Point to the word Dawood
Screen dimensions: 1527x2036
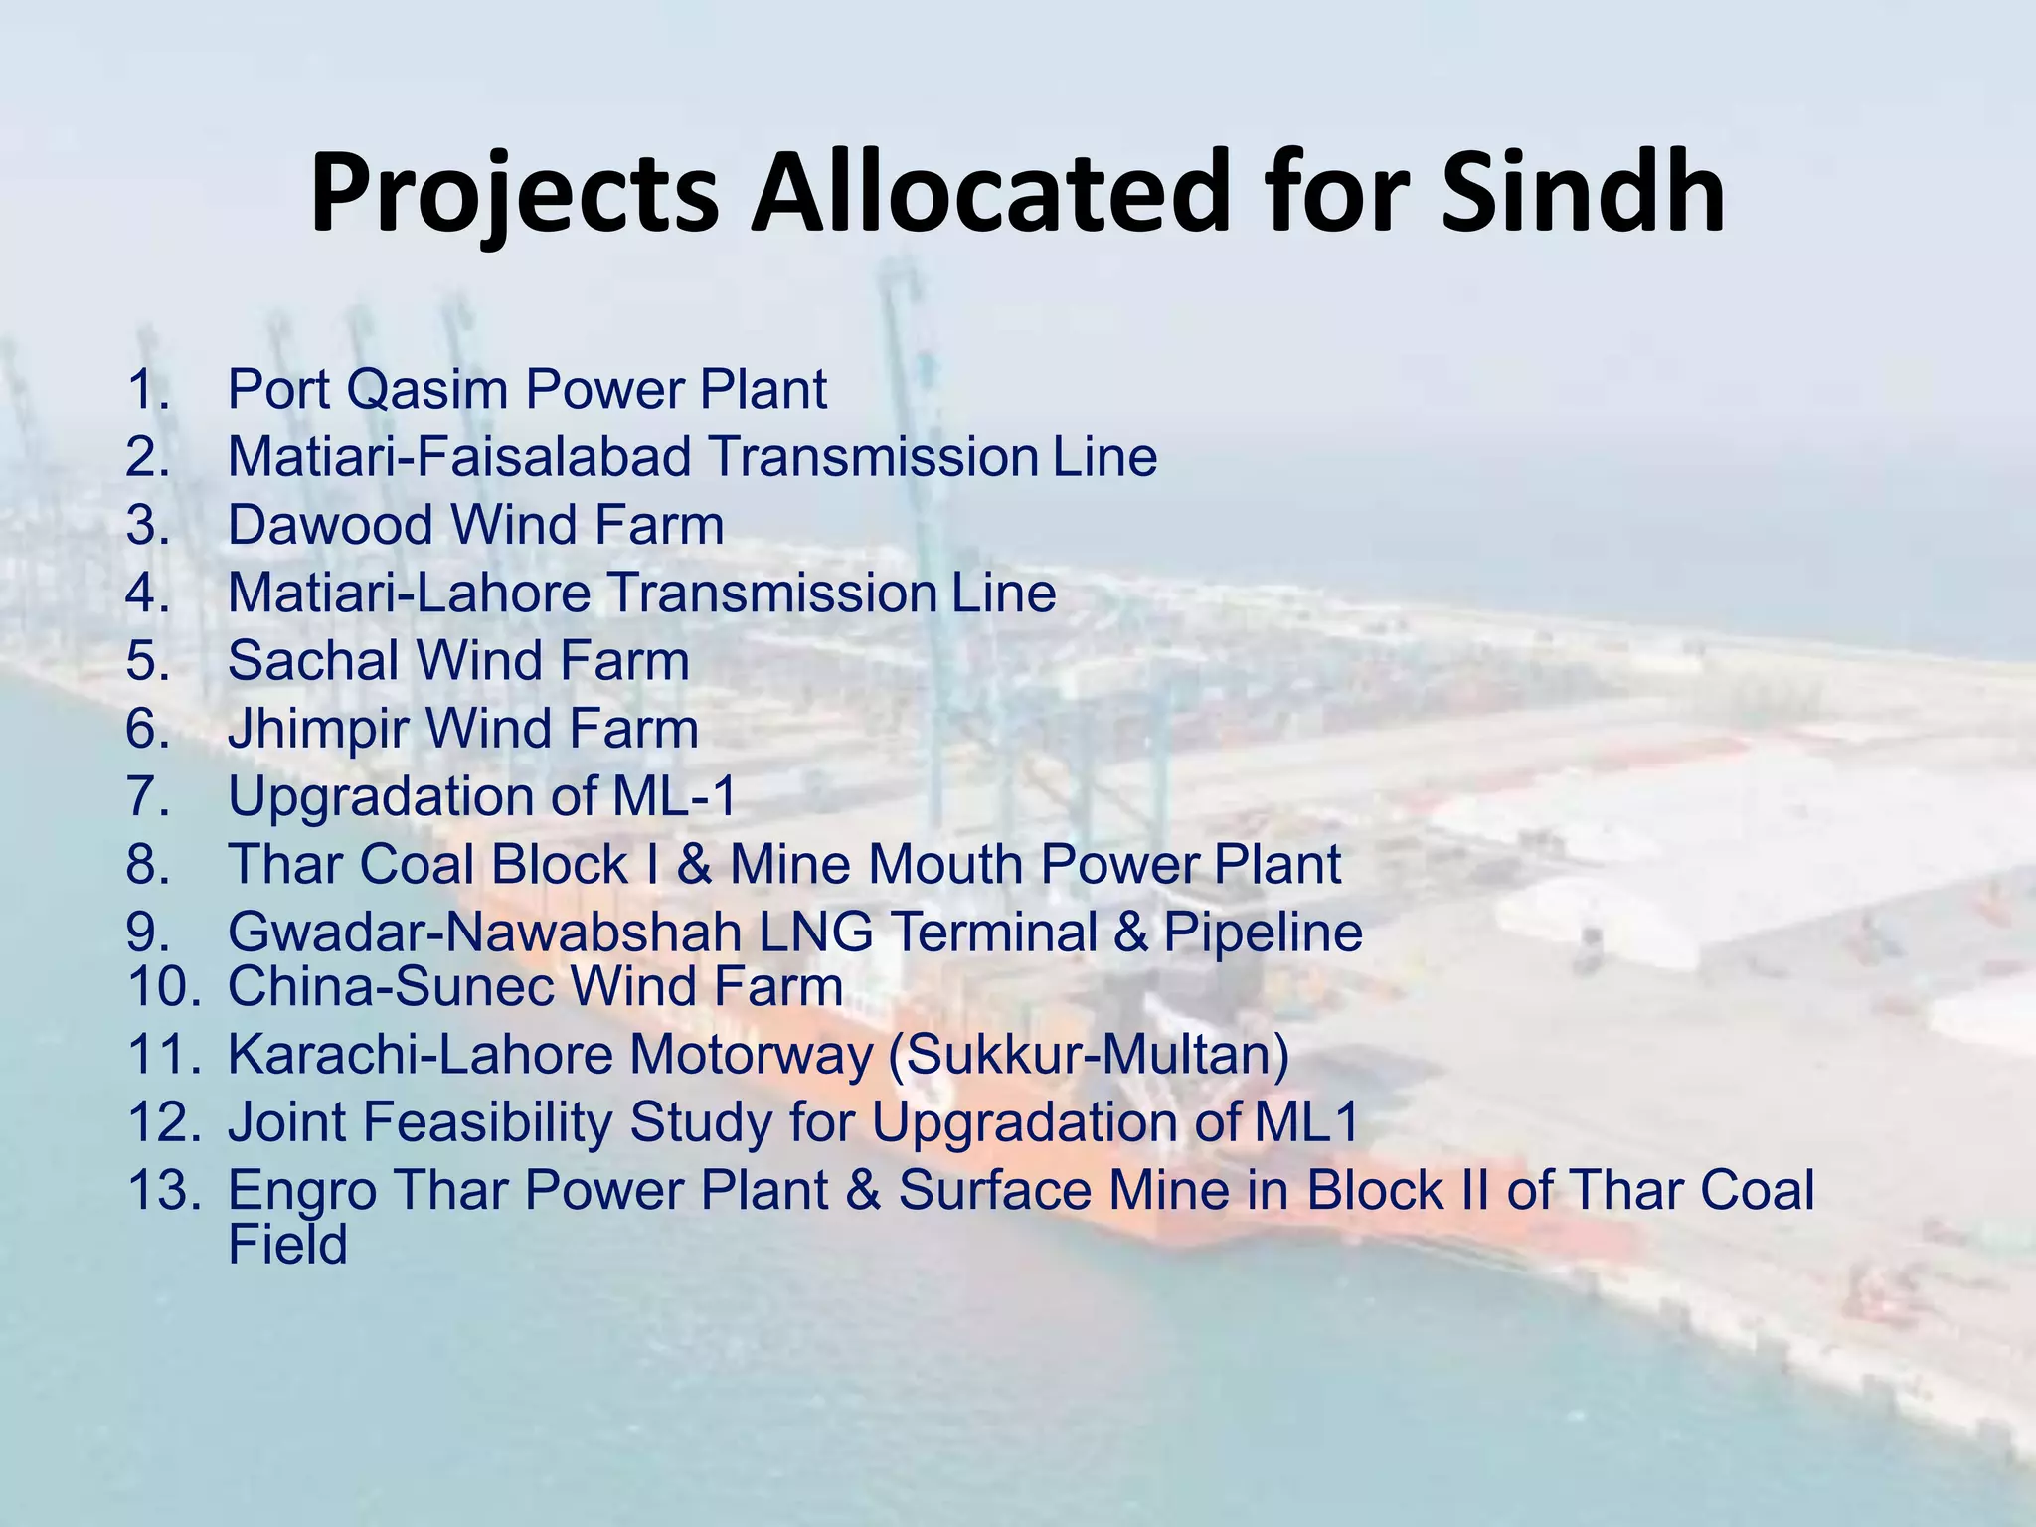(331, 525)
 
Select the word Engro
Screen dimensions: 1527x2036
(302, 1191)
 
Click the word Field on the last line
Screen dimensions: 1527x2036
(287, 1245)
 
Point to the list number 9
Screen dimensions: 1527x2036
(148, 933)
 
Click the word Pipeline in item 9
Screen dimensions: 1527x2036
(1263, 933)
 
